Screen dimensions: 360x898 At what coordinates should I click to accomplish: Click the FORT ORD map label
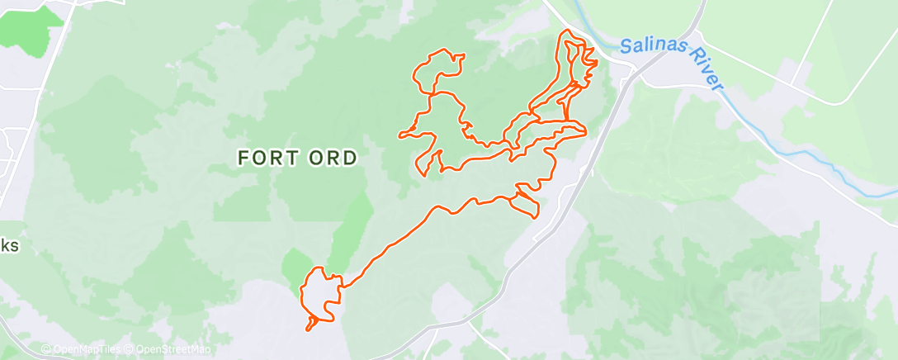298,158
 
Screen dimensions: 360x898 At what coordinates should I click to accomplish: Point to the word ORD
333,158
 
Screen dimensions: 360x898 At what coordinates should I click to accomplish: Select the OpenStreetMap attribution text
167,349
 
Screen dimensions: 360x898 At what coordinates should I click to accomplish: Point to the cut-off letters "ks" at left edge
8,246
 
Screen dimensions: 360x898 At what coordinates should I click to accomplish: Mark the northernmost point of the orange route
567,31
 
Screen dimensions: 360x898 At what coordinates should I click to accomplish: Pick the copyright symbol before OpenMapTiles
46,349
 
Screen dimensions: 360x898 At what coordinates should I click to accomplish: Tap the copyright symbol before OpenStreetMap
130,349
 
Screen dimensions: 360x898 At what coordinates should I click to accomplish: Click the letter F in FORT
244,158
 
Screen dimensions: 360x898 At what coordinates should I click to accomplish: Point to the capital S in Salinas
626,45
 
